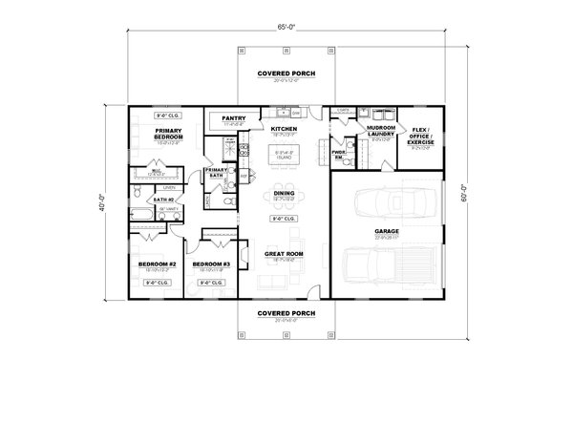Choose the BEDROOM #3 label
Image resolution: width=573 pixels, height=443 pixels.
212,263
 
